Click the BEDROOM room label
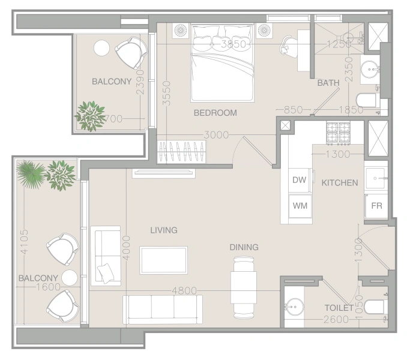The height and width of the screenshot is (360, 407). (x=215, y=113)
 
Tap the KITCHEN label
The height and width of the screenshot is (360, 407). (x=339, y=182)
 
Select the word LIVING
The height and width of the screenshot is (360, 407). (x=163, y=230)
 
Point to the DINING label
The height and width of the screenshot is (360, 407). (x=244, y=247)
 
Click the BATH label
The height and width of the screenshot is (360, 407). (x=328, y=83)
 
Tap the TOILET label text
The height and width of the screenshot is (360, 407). (x=339, y=308)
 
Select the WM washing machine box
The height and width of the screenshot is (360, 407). (x=300, y=205)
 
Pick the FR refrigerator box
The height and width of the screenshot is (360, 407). (x=376, y=205)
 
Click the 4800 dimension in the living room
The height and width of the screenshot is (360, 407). (x=184, y=290)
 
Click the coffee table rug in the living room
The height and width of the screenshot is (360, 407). (x=163, y=260)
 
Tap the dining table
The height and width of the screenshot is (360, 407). (x=244, y=287)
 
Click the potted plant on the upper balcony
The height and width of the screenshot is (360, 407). (x=90, y=116)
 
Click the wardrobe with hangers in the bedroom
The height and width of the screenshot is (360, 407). (x=181, y=151)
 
